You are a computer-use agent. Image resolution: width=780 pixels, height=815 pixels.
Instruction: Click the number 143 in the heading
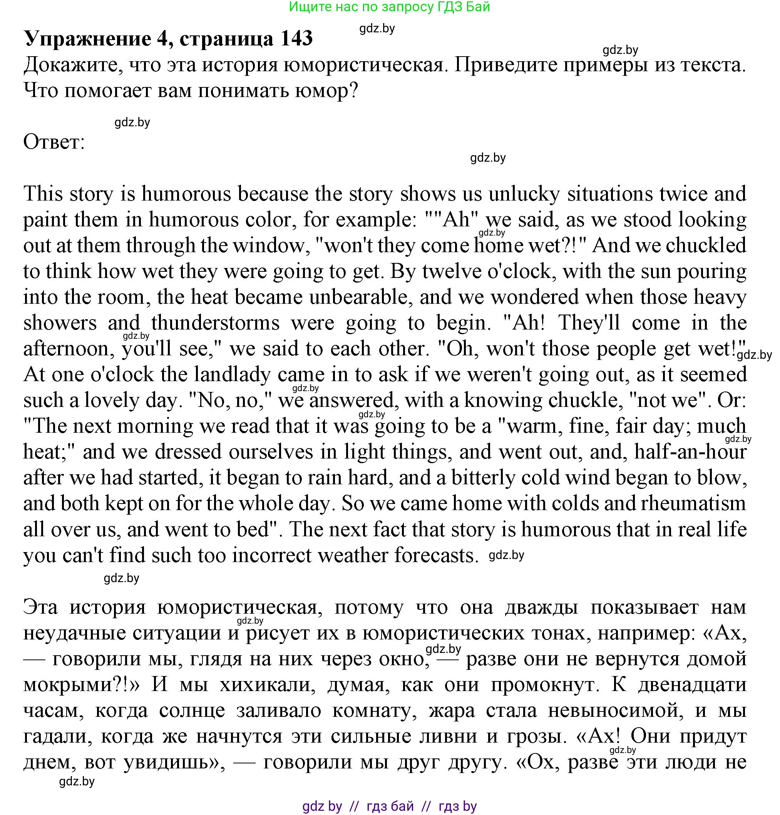[x=296, y=38]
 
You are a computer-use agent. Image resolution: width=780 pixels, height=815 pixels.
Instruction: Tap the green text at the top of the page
[x=389, y=7]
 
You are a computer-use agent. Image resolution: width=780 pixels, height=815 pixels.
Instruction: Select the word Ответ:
[x=54, y=142]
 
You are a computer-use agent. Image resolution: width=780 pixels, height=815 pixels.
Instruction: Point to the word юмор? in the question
[x=326, y=90]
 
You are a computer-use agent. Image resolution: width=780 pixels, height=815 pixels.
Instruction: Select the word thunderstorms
[x=215, y=323]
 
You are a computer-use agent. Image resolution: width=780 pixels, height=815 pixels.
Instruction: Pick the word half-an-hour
[x=690, y=452]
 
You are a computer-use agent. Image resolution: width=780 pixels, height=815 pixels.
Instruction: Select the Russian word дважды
[x=541, y=607]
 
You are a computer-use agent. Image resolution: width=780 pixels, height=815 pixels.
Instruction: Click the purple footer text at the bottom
[x=389, y=806]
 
